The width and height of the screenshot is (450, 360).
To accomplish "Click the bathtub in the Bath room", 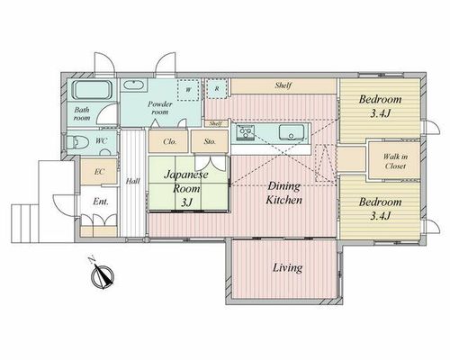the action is (92, 90).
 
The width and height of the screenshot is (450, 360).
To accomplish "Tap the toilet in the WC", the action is (77, 142).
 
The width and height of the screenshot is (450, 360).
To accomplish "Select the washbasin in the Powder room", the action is (134, 85).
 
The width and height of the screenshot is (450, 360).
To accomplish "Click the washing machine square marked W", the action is (188, 89).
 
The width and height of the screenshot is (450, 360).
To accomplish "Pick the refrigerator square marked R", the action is (217, 89).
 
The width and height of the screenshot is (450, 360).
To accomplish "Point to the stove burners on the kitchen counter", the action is (246, 132).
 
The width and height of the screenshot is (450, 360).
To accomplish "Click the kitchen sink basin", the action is (292, 132).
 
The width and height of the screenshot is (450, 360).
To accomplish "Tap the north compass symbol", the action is (103, 274).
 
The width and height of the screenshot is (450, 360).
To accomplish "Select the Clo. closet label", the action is (170, 141).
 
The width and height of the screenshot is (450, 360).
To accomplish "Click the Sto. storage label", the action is (210, 141).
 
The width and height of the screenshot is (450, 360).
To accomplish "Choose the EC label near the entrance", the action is (99, 172).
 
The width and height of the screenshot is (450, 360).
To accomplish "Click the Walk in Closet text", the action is (395, 161).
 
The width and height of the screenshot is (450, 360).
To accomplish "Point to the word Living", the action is (287, 268).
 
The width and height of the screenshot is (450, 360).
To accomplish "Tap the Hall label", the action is (132, 181).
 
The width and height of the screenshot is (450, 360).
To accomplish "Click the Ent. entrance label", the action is (101, 202).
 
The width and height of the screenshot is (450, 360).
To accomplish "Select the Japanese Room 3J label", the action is (186, 188).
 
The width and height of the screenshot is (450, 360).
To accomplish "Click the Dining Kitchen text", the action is (283, 193).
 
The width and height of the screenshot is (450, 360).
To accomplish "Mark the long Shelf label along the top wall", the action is (283, 85).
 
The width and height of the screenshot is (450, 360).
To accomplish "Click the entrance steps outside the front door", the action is (25, 223).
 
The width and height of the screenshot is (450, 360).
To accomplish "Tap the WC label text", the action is (101, 140).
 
